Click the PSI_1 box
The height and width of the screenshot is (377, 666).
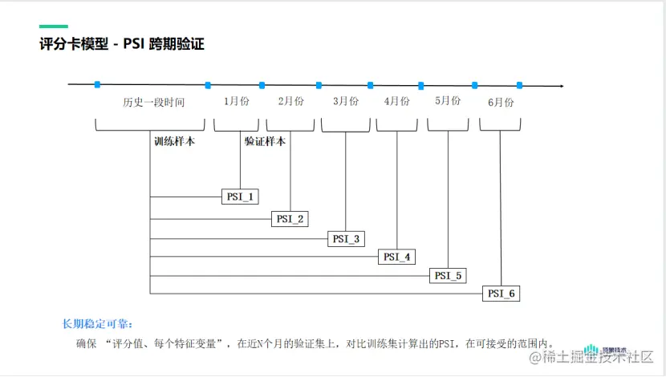tap(240, 197)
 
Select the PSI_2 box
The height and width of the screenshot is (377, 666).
tap(290, 218)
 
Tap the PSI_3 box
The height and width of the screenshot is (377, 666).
tap(347, 238)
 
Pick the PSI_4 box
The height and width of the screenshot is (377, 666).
tap(397, 257)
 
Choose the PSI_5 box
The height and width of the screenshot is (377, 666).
tap(449, 275)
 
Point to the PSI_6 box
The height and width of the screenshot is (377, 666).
tap(502, 294)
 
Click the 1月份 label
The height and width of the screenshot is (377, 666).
tap(238, 102)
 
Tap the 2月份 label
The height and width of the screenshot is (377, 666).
tap(290, 102)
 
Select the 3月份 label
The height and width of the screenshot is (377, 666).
tap(345, 102)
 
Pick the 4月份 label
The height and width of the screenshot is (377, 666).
tap(396, 102)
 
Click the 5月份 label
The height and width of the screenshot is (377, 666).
tap(448, 101)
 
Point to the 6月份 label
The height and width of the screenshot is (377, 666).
tap(500, 103)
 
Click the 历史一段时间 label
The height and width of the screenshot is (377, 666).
tap(153, 103)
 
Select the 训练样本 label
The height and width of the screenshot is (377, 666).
tap(174, 140)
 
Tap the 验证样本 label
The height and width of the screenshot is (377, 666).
tap(266, 140)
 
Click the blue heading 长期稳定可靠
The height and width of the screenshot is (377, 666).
tap(91, 324)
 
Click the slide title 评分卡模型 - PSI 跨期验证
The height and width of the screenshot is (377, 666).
tap(122, 44)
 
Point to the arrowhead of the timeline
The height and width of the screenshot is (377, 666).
tap(561, 85)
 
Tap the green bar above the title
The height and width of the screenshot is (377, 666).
tap(54, 26)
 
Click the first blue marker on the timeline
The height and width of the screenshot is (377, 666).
tap(97, 84)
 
